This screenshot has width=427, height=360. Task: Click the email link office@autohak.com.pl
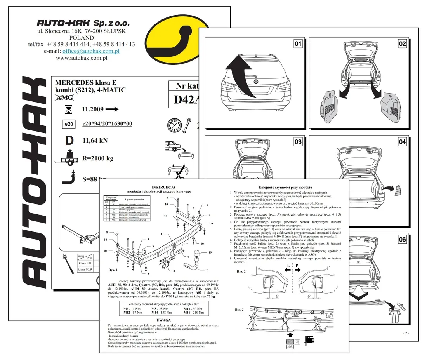point(91,51)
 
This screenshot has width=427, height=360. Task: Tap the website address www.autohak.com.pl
point(82,58)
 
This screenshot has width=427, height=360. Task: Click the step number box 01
point(298,44)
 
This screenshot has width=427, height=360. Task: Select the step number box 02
point(403,44)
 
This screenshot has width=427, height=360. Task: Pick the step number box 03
point(298,142)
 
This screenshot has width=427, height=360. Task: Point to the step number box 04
point(403,142)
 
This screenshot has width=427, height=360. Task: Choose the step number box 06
point(403,240)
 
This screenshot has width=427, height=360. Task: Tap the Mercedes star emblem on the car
point(256,82)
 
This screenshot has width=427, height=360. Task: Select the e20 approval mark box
point(68,124)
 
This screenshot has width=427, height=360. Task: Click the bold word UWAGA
point(163,320)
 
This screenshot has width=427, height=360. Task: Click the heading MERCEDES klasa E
point(85,82)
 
